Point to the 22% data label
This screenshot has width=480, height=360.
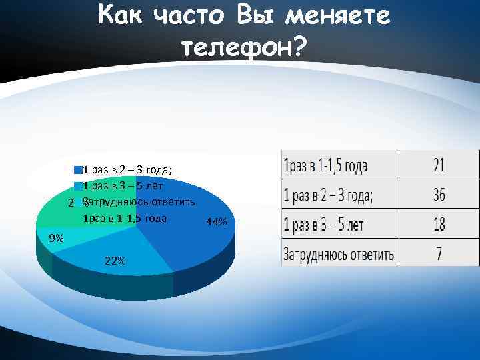pyautogui.click(x=115, y=261)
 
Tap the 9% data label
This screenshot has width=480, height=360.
pyautogui.click(x=56, y=238)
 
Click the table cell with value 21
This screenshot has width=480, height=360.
pyautogui.click(x=439, y=165)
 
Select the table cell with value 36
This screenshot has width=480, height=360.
pyautogui.click(x=439, y=195)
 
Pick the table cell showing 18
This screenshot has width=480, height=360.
pyautogui.click(x=439, y=224)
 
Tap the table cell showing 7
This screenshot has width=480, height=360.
pyautogui.click(x=439, y=253)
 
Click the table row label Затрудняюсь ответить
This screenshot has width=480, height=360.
pyautogui.click(x=338, y=254)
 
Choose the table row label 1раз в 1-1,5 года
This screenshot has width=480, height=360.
pyautogui.click(x=326, y=165)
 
